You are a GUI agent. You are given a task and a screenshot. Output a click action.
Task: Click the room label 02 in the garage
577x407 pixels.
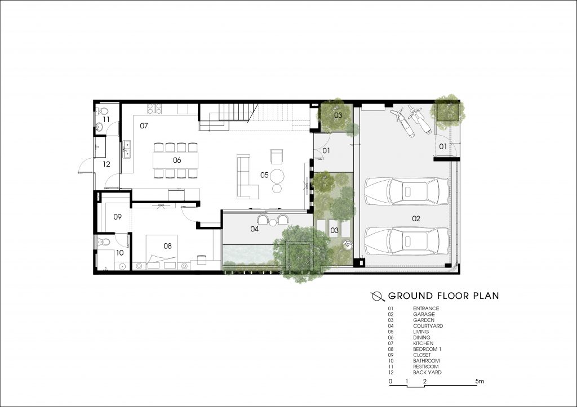[416, 218]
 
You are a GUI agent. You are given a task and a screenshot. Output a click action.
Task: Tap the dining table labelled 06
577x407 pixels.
[176, 160]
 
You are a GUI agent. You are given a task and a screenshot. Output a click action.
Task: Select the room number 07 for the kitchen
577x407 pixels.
[144, 126]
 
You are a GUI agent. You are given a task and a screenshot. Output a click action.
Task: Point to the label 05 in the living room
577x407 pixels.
[264, 175]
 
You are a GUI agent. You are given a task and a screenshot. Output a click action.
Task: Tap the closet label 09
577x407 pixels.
[117, 217]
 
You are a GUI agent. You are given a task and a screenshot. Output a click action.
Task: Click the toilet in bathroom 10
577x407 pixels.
[104, 242]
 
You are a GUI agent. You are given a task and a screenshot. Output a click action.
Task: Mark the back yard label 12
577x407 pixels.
[106, 164]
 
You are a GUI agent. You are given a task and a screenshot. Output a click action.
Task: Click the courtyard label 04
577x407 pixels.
[254, 229]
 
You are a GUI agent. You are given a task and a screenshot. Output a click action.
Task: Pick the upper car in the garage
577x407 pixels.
[407, 191]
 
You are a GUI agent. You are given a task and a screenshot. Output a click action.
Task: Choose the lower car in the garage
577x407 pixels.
[407, 241]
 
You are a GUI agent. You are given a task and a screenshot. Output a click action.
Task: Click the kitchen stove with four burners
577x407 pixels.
[154, 109]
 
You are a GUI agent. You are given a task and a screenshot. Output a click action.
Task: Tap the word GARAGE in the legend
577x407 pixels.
[424, 314]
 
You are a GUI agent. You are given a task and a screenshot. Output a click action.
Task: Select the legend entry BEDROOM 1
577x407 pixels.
[427, 349]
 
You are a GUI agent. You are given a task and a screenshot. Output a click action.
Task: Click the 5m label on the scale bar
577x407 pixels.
[480, 381]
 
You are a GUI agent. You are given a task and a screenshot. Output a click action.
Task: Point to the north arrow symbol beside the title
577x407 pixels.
[378, 296]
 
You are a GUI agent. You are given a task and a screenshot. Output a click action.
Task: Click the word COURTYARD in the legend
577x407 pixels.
[428, 326]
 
